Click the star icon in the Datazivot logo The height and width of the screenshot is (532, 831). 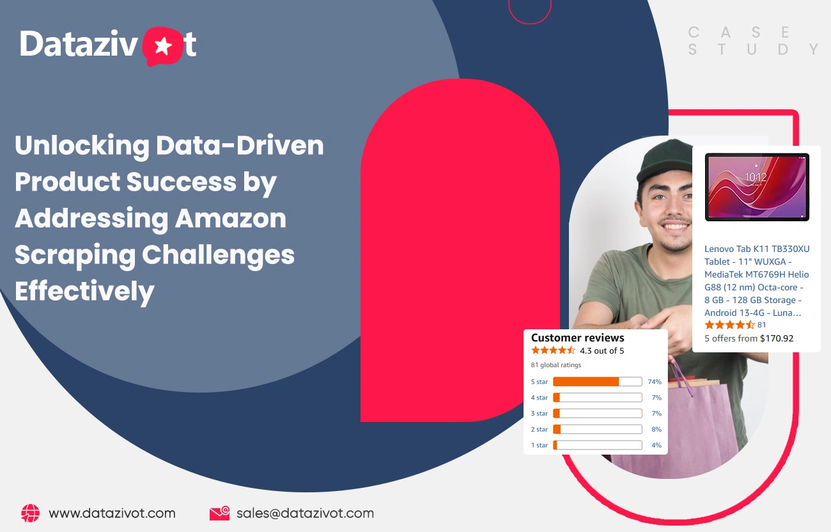pyautogui.click(x=164, y=46)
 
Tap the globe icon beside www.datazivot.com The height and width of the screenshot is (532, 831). pyautogui.click(x=30, y=513)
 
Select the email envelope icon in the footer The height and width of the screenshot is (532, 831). pyautogui.click(x=219, y=513)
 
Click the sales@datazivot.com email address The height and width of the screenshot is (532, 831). pyautogui.click(x=305, y=513)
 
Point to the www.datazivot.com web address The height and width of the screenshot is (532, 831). pyautogui.click(x=112, y=513)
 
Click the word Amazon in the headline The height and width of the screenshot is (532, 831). pyautogui.click(x=231, y=219)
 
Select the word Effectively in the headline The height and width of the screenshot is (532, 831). pyautogui.click(x=84, y=292)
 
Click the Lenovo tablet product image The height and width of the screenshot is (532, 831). pyautogui.click(x=756, y=187)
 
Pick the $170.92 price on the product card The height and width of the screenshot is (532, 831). pyautogui.click(x=776, y=338)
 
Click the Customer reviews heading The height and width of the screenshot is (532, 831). pyautogui.click(x=577, y=338)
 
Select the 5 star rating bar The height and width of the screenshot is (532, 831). pyautogui.click(x=597, y=382)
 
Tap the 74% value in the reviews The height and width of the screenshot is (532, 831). pyautogui.click(x=654, y=382)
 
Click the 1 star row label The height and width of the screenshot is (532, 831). pyautogui.click(x=539, y=445)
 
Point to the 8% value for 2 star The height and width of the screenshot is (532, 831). pyautogui.click(x=656, y=429)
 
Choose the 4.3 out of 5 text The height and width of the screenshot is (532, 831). pyautogui.click(x=602, y=350)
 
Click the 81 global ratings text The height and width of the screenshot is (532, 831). pyautogui.click(x=556, y=365)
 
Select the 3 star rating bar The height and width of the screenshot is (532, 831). pyautogui.click(x=597, y=414)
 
